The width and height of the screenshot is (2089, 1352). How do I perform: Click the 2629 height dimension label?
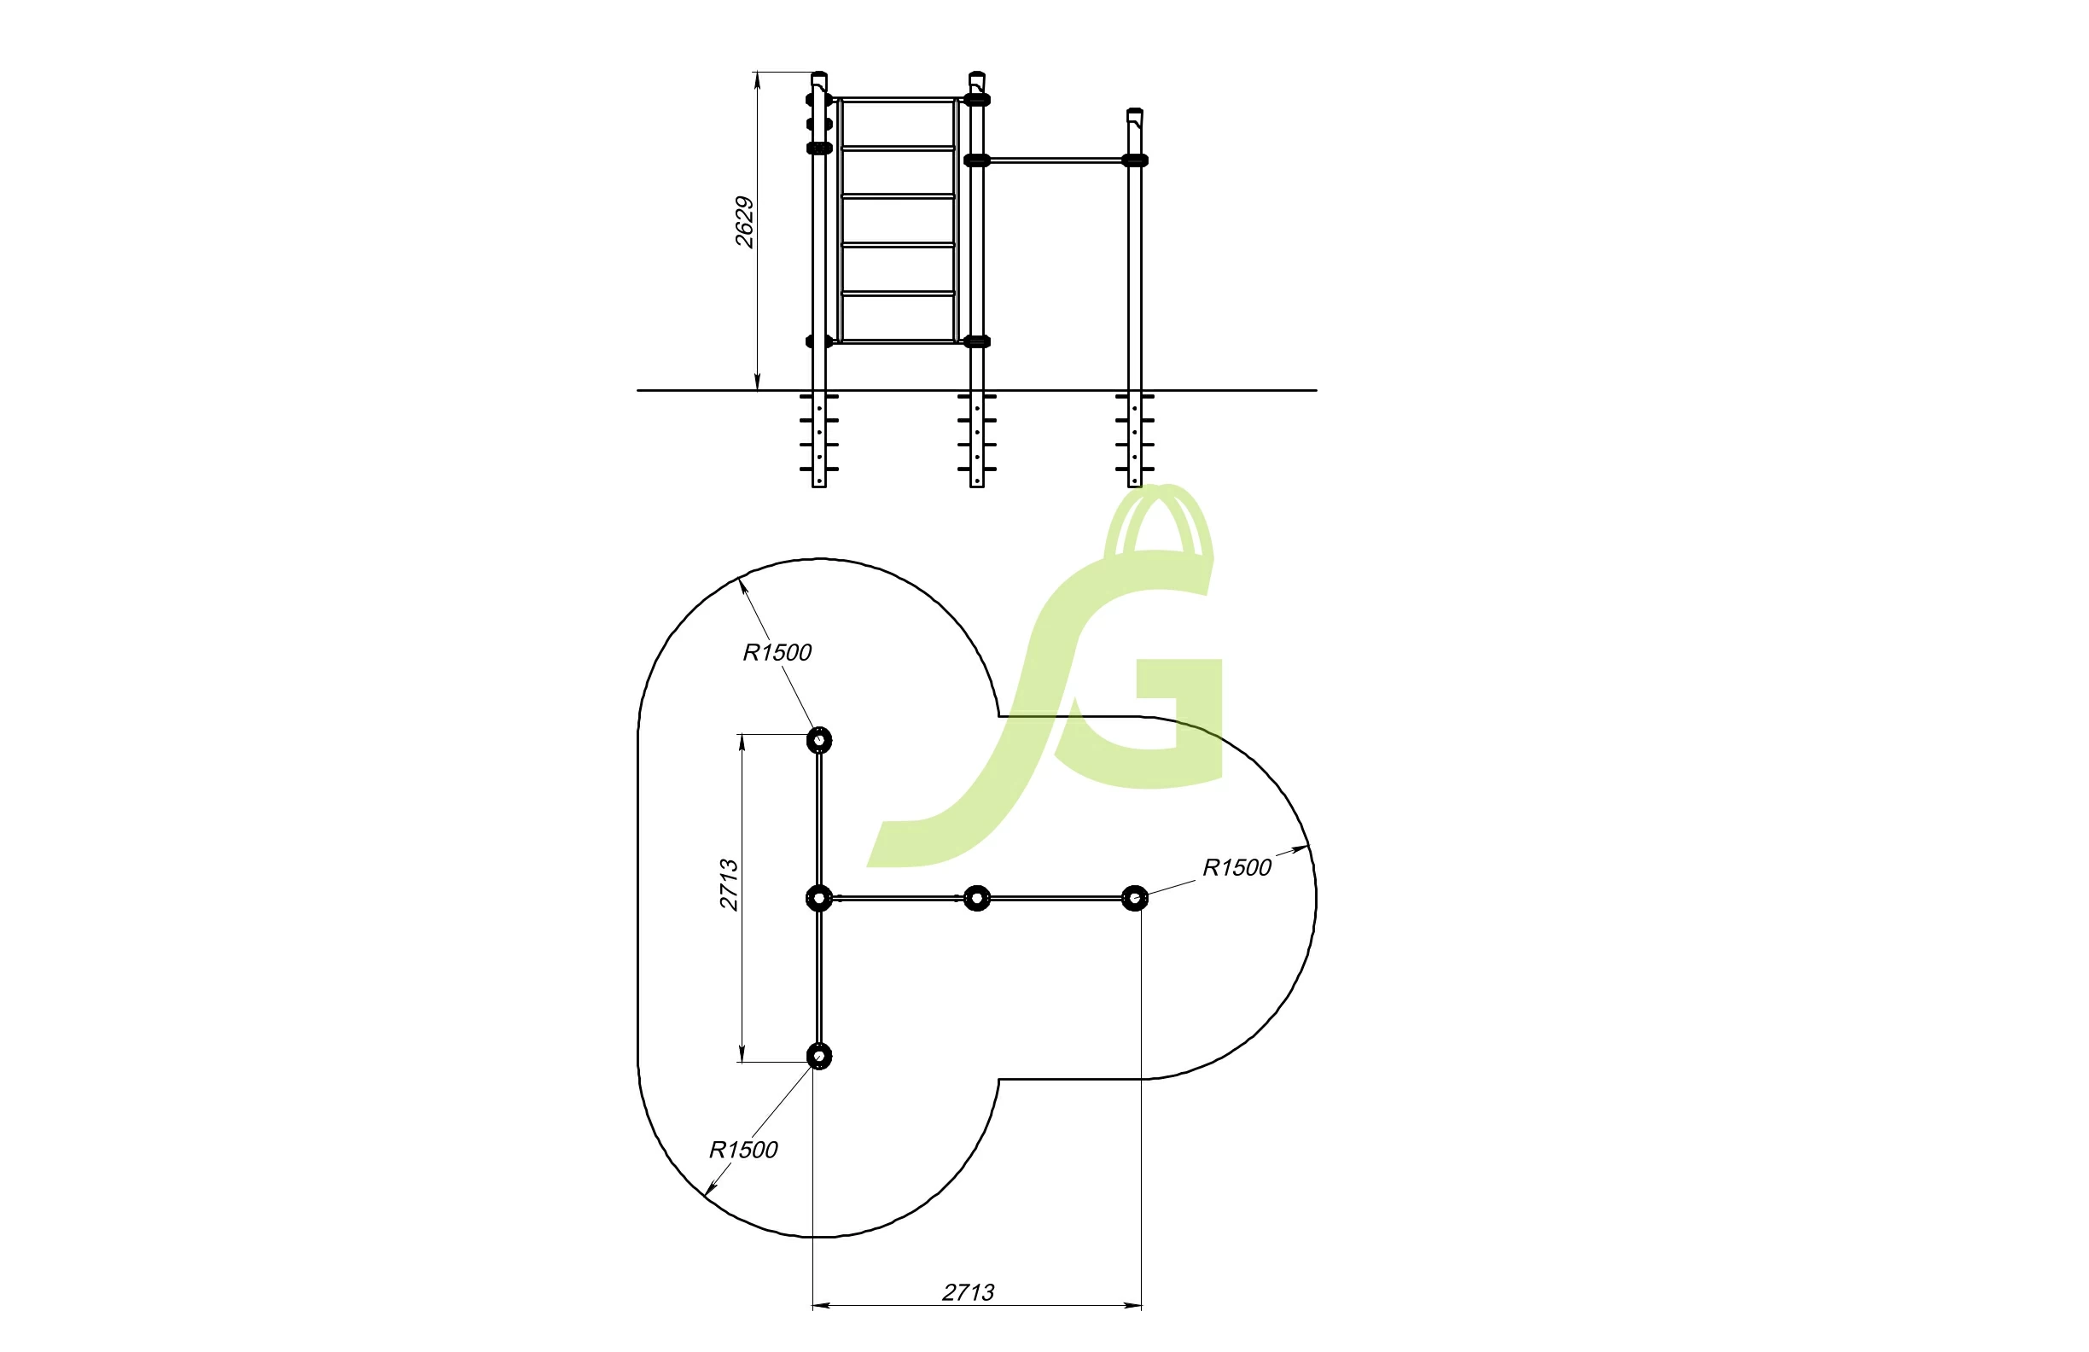point(744,222)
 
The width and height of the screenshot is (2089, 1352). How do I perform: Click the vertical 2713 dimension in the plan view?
point(730,885)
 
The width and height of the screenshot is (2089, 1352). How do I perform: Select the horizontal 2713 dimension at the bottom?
point(969,1292)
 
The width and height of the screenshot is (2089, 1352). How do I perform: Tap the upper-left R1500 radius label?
point(777,652)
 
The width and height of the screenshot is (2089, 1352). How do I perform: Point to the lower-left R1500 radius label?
point(743,1150)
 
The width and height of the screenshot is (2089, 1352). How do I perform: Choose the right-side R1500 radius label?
point(1237,868)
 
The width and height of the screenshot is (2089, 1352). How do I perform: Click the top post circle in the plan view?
point(819,741)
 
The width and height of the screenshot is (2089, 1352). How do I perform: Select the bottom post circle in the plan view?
point(819,1056)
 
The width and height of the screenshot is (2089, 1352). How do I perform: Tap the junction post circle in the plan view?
point(819,899)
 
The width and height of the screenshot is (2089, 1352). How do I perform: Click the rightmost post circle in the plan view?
point(1135,898)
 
